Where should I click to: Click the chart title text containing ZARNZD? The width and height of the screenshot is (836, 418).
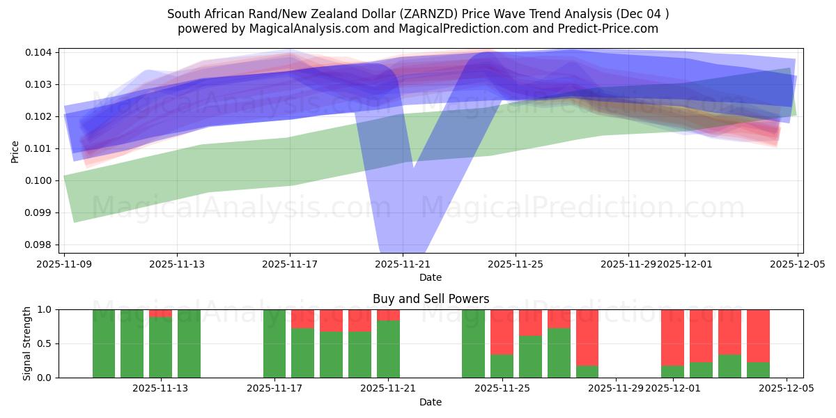coord(418,14)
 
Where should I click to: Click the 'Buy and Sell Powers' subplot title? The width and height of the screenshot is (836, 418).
coord(431,299)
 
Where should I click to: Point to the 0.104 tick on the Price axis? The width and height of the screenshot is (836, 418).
coord(41,52)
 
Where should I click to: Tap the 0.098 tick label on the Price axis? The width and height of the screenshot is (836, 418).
coord(41,245)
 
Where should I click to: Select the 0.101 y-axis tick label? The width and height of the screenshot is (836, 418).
coord(41,148)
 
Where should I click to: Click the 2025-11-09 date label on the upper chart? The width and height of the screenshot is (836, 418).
coord(64,264)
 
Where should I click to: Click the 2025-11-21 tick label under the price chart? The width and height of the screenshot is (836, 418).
coord(403,264)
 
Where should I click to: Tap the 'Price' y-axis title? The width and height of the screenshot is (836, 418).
coord(15,150)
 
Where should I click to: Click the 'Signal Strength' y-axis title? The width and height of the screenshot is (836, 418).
coord(27,343)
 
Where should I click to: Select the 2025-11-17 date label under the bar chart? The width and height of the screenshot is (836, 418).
coord(274,389)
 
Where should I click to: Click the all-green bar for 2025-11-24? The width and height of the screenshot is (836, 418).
coord(473,343)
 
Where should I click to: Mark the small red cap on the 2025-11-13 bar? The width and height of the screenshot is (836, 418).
coord(160,313)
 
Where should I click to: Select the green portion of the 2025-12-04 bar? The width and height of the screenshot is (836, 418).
coord(758,370)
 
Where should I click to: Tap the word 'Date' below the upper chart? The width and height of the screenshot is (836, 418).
coord(431,277)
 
